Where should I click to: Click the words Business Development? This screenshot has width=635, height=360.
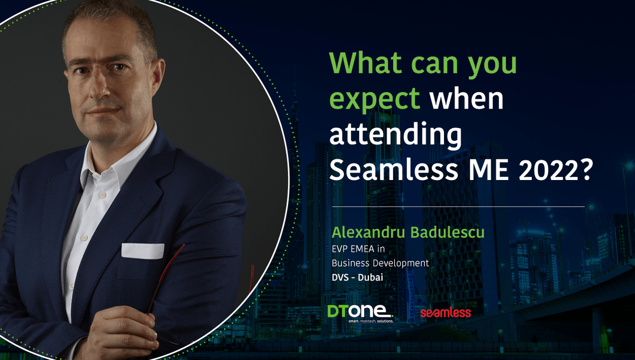pos(380,263)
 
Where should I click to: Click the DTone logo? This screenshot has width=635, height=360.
pos(359,312)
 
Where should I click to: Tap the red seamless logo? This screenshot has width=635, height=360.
pos(446,313)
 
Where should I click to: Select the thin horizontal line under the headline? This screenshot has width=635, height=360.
pos(458,206)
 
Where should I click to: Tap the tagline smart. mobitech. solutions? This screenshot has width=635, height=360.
pos(370,321)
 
